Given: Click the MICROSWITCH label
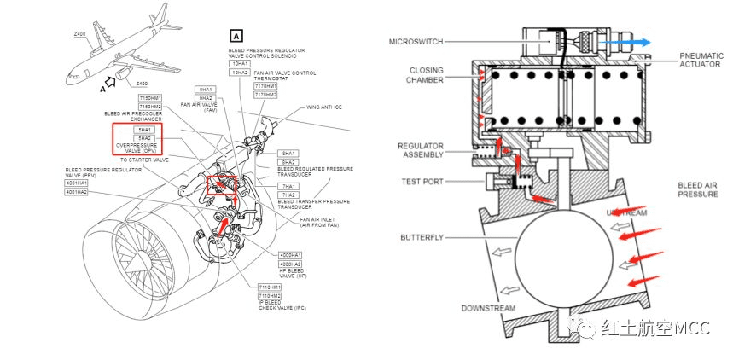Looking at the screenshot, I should [414, 41].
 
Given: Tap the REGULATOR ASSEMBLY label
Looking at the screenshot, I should [421, 151].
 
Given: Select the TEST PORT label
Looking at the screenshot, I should [420, 181].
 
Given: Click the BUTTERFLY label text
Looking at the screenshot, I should [421, 237].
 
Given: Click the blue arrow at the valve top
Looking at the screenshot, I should [626, 42].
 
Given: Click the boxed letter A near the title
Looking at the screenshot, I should [236, 36].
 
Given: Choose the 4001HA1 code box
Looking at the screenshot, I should [76, 183].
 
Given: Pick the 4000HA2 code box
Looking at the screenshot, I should [292, 264].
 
